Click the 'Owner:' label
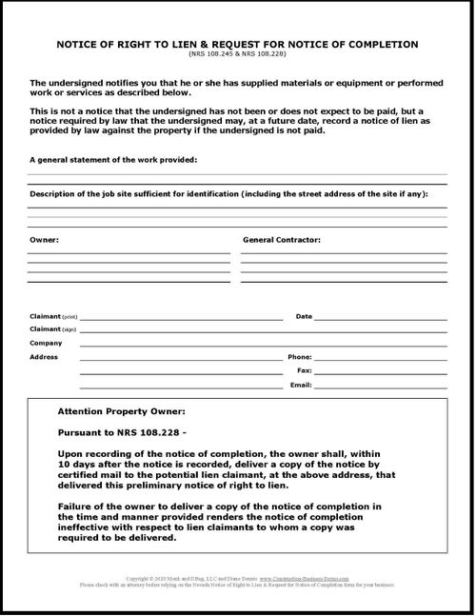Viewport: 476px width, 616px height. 44,240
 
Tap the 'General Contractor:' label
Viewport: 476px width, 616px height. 282,240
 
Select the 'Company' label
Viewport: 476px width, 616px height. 46,343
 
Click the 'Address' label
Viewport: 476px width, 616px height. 44,357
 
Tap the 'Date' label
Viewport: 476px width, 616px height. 304,315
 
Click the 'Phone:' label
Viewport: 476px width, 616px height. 300,357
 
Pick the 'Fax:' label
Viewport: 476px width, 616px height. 305,370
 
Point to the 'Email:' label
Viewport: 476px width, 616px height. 302,385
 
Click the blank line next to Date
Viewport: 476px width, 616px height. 381,318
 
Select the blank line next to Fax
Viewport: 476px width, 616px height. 381,373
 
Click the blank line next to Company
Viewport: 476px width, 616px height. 262,346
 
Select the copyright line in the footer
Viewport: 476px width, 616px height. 238,577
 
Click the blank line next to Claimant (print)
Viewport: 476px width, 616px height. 181,318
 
